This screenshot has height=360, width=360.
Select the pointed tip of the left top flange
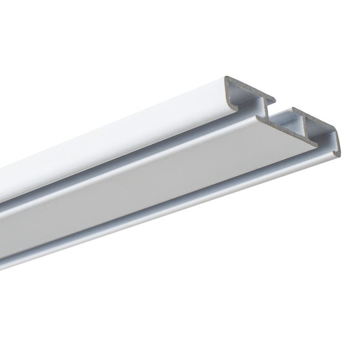pos(275,100)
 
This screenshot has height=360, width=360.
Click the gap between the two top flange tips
pos(284,105)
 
